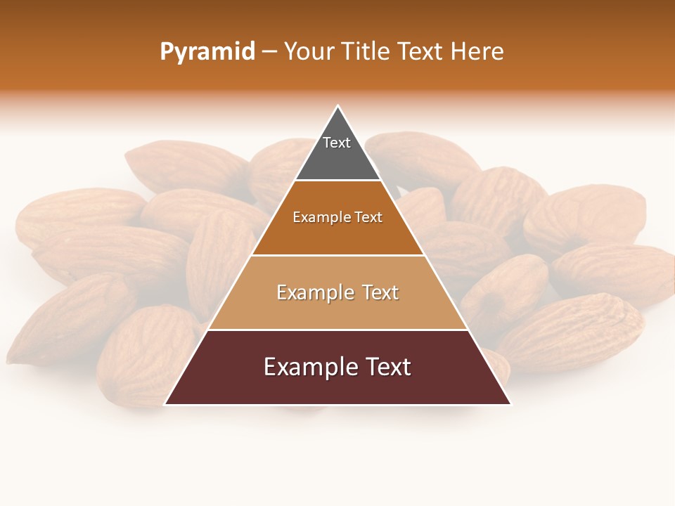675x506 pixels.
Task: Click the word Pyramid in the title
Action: (x=207, y=52)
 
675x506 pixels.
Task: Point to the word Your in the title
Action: (x=309, y=52)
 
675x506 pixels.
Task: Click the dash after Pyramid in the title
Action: (x=269, y=53)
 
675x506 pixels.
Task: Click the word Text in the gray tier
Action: (x=337, y=143)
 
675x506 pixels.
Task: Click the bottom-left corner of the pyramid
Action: (x=165, y=404)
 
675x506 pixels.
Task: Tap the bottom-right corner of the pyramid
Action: (x=510, y=404)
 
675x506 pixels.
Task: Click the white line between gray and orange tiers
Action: (x=337, y=181)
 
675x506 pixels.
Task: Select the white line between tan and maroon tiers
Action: (x=337, y=330)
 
